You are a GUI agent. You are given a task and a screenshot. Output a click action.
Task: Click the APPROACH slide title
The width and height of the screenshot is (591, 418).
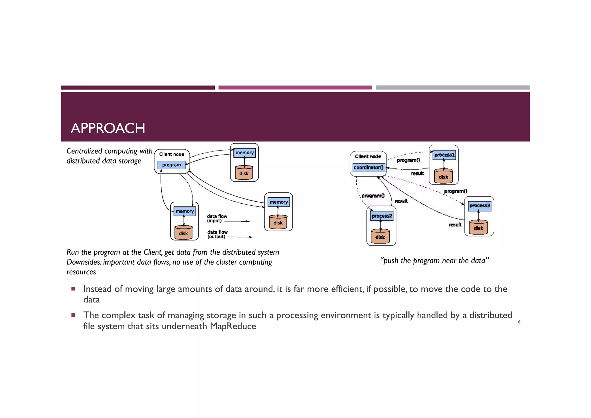click(x=108, y=128)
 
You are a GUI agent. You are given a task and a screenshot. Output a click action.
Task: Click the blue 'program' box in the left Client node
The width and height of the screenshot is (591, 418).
click(x=171, y=165)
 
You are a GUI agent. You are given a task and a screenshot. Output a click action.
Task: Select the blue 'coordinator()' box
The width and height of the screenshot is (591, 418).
click(x=369, y=168)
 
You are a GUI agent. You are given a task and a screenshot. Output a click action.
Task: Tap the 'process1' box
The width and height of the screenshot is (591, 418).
click(x=444, y=155)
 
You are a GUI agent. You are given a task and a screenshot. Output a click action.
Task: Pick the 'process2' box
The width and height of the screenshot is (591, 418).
click(x=381, y=216)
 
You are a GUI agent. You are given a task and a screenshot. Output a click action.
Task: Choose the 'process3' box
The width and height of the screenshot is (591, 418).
click(x=479, y=206)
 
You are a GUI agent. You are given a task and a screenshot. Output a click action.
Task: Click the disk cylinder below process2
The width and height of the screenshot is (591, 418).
click(x=380, y=236)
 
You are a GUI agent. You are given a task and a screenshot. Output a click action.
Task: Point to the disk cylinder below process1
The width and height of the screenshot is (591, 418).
click(x=444, y=176)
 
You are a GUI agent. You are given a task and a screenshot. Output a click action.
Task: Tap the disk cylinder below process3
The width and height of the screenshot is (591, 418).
click(x=478, y=228)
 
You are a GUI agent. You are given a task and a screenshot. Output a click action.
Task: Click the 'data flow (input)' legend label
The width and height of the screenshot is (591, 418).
click(x=217, y=219)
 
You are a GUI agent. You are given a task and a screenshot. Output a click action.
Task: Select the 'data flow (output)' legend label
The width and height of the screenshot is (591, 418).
click(x=217, y=234)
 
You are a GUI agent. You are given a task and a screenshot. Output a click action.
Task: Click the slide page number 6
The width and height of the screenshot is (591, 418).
click(x=519, y=322)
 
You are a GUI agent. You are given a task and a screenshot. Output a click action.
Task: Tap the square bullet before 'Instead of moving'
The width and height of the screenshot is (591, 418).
click(x=73, y=289)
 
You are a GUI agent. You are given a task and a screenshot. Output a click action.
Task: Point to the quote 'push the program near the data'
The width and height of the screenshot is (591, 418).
click(x=434, y=261)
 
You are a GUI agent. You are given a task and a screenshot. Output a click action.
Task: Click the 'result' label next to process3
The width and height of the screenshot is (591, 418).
click(x=455, y=225)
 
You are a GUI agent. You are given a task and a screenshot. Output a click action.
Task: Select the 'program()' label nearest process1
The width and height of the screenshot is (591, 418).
click(x=408, y=160)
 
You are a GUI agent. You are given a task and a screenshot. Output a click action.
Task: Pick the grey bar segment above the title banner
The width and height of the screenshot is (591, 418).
click(x=452, y=88)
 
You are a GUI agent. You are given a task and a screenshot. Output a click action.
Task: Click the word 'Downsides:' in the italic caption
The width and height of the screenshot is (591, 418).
click(x=84, y=262)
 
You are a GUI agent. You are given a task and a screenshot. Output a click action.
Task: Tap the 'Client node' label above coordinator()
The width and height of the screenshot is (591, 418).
click(x=368, y=157)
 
